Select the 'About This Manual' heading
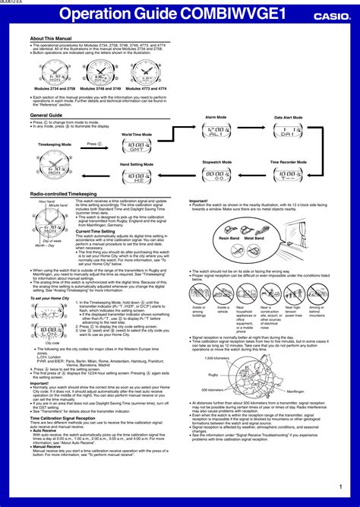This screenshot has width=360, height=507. [x=52, y=37]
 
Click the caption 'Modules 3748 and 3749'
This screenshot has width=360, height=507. [x=99, y=89]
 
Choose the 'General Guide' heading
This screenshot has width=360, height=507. [x=46, y=115]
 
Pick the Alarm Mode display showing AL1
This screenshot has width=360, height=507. [x=216, y=131]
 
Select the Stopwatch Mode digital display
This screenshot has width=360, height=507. [x=216, y=174]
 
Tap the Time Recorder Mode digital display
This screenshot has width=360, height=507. [x=289, y=174]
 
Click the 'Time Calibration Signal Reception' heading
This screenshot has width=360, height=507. [x=63, y=418]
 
